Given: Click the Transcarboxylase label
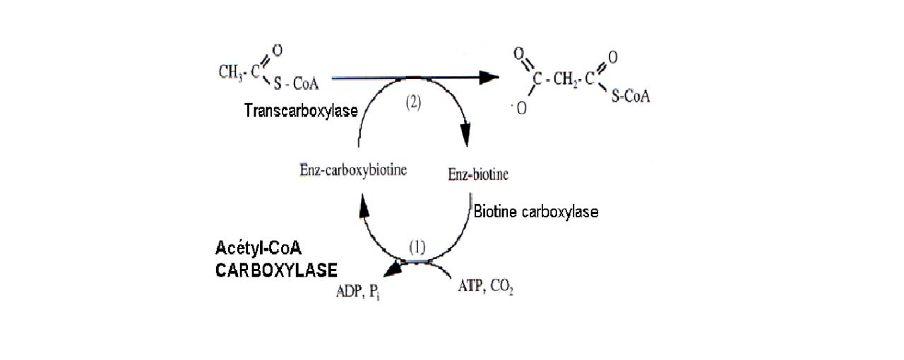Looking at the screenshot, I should [x=301, y=111].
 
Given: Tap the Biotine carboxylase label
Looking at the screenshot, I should [x=536, y=212].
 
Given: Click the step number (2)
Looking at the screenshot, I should [x=412, y=102].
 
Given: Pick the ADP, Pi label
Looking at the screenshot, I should [x=358, y=291].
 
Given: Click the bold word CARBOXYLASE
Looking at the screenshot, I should [x=276, y=270].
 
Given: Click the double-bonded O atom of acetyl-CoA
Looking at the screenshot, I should [x=278, y=49].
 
